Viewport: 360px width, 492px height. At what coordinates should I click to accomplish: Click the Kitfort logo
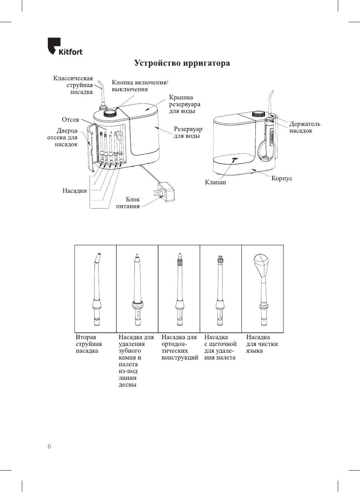65,47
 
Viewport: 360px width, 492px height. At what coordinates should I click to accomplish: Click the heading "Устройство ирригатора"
182,63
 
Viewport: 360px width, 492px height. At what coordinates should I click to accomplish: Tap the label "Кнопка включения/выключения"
140,86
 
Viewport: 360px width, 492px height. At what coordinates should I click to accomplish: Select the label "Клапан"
215,182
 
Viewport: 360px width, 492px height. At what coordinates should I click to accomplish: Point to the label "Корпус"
282,178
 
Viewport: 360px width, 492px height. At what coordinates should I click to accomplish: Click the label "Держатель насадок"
305,127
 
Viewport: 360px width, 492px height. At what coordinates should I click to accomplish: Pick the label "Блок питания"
128,203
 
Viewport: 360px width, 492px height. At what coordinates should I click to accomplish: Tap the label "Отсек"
70,120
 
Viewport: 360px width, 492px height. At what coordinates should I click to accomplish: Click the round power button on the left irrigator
110,113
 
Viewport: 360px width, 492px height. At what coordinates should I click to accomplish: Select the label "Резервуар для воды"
188,133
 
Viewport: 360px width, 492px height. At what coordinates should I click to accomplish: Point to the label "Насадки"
75,191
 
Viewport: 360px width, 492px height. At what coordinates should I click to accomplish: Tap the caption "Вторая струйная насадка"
89,344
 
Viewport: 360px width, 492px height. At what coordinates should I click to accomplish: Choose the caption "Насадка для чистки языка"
262,344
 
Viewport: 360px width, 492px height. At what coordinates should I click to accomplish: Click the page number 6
49,446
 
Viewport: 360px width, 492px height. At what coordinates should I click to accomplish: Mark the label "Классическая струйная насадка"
73,85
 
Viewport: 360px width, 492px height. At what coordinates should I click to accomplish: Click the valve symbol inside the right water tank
234,160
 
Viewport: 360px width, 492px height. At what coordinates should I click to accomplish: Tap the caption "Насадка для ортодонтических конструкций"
180,347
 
